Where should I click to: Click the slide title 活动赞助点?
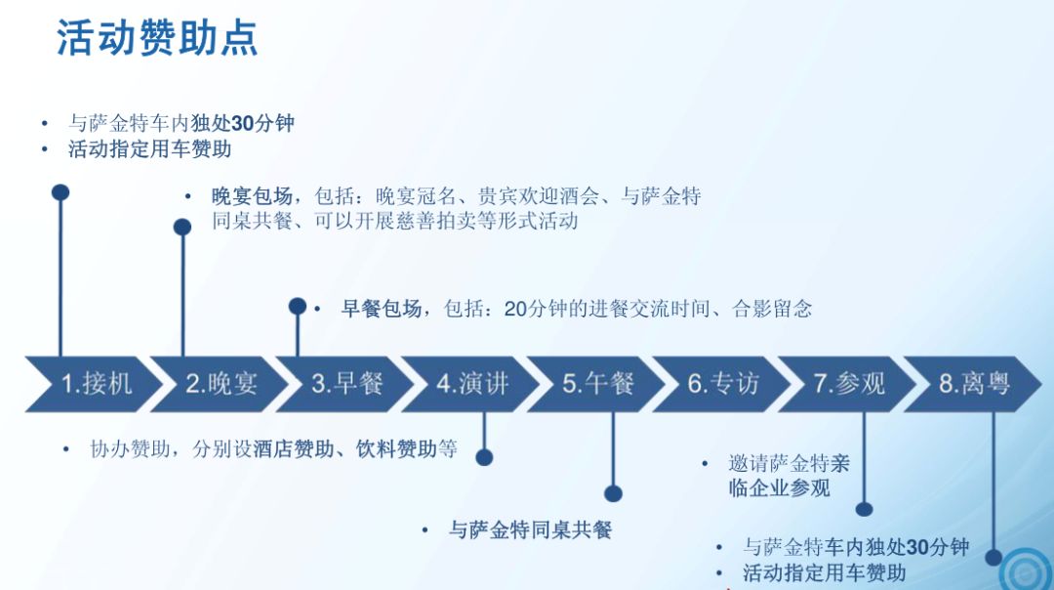point(156,38)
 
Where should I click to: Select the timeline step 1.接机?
point(94,384)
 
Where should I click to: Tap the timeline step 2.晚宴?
point(220,384)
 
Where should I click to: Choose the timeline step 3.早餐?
point(345,384)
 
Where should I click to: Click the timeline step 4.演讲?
point(471,384)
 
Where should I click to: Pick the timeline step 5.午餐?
point(597,384)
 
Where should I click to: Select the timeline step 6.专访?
point(722,384)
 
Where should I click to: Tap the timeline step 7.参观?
point(848,384)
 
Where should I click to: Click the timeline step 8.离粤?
point(973,384)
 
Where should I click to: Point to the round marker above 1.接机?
point(61,192)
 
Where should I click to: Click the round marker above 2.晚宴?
point(182,228)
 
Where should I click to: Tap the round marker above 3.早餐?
point(297,307)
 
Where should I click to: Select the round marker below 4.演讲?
point(484,457)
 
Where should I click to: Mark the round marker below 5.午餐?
point(613,494)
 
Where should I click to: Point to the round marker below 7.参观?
point(864,509)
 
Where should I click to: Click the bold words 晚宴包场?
point(252,196)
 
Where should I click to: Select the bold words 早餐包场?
point(382,309)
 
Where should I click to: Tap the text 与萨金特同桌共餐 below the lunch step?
point(530,530)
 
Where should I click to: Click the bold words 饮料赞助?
point(396,448)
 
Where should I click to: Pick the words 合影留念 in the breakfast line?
point(772,309)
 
